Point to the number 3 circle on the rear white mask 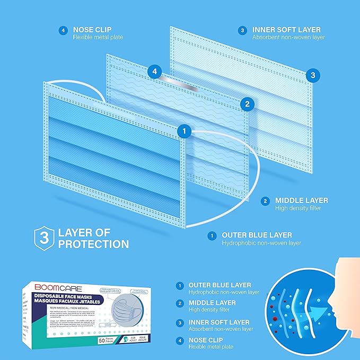pyautogui.click(x=313, y=75)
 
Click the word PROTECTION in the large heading pyautogui.click(x=94, y=244)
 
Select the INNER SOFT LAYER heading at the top pyautogui.click(x=287, y=30)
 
